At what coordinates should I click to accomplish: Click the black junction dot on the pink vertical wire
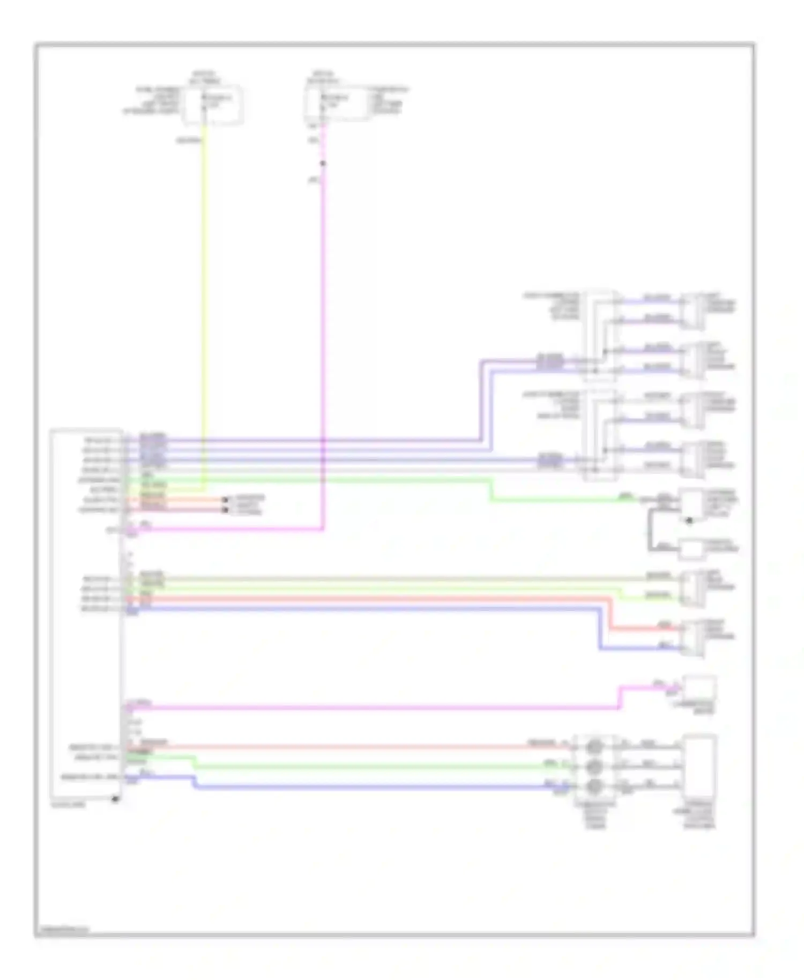[323, 164]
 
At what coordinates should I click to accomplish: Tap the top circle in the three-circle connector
[594, 746]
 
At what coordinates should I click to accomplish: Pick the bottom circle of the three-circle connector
[594, 786]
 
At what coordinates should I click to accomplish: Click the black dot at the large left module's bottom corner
[115, 799]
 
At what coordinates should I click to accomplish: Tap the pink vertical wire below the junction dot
[324, 348]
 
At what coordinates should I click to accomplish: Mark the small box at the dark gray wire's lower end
[692, 549]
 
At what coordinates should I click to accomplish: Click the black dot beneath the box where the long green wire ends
[689, 521]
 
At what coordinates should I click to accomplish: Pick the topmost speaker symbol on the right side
[693, 310]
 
